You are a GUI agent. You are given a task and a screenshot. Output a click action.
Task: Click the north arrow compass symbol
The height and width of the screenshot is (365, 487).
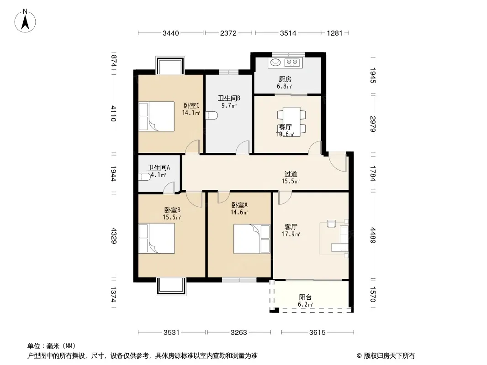[x=25, y=21]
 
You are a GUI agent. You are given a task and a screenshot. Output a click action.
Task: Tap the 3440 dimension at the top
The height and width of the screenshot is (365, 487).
[x=171, y=33]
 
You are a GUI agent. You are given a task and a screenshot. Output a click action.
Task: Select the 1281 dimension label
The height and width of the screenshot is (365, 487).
[x=334, y=33]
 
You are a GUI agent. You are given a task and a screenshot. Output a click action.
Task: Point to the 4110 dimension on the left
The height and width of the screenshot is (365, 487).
[x=114, y=114]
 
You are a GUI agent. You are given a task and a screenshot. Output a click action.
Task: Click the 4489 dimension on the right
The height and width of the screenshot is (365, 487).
[x=373, y=236]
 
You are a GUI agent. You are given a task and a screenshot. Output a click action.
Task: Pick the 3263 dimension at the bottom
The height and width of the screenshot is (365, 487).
[x=239, y=333]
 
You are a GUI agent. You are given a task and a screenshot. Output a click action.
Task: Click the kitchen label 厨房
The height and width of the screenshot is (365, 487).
[x=285, y=79]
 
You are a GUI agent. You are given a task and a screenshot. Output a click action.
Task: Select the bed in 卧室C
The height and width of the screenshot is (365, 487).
[x=157, y=116]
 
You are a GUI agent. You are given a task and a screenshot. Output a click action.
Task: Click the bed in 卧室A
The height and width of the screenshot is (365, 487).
[x=252, y=239]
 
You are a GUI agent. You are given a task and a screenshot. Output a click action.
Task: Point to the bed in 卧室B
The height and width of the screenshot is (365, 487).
[x=157, y=238]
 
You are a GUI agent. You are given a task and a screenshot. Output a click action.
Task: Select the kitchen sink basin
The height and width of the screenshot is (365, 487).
[x=275, y=63]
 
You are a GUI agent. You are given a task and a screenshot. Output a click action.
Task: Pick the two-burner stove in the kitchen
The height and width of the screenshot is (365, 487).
[x=292, y=63]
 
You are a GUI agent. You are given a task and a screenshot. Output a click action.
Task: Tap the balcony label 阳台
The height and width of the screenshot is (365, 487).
[x=305, y=297]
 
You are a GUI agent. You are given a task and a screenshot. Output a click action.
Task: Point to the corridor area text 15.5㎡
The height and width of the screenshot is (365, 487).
[x=291, y=182]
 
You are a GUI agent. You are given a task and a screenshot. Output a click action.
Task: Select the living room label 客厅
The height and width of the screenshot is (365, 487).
[x=291, y=227]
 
